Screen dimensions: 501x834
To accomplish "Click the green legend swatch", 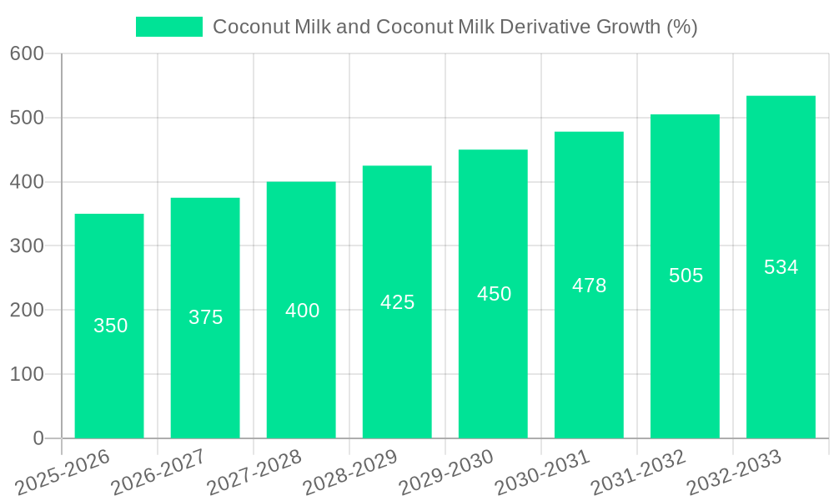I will click(x=169, y=27).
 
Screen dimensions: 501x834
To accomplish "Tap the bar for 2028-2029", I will click(x=397, y=367).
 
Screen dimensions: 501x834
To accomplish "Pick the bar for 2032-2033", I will click(x=781, y=351).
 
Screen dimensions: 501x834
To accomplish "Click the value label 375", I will click(x=206, y=317).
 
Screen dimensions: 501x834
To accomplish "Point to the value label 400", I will click(x=302, y=311).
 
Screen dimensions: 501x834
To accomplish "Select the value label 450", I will click(x=494, y=294).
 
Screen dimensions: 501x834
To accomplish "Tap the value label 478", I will click(x=589, y=286).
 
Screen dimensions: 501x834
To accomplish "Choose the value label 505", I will click(x=686, y=276).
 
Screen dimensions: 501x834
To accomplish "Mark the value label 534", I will click(x=781, y=267).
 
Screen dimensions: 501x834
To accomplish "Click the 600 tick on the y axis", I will click(x=27, y=53).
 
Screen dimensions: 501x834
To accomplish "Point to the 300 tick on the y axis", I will click(x=27, y=245).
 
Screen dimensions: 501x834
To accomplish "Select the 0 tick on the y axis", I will click(x=38, y=438).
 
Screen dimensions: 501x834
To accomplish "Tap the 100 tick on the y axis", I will click(x=27, y=374).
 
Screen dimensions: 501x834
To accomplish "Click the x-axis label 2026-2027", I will click(x=158, y=471).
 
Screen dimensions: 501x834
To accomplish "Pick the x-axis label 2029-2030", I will click(x=445, y=471).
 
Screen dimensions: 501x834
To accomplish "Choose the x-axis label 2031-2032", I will click(x=637, y=471).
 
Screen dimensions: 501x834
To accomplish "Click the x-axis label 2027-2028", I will click(x=254, y=471).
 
